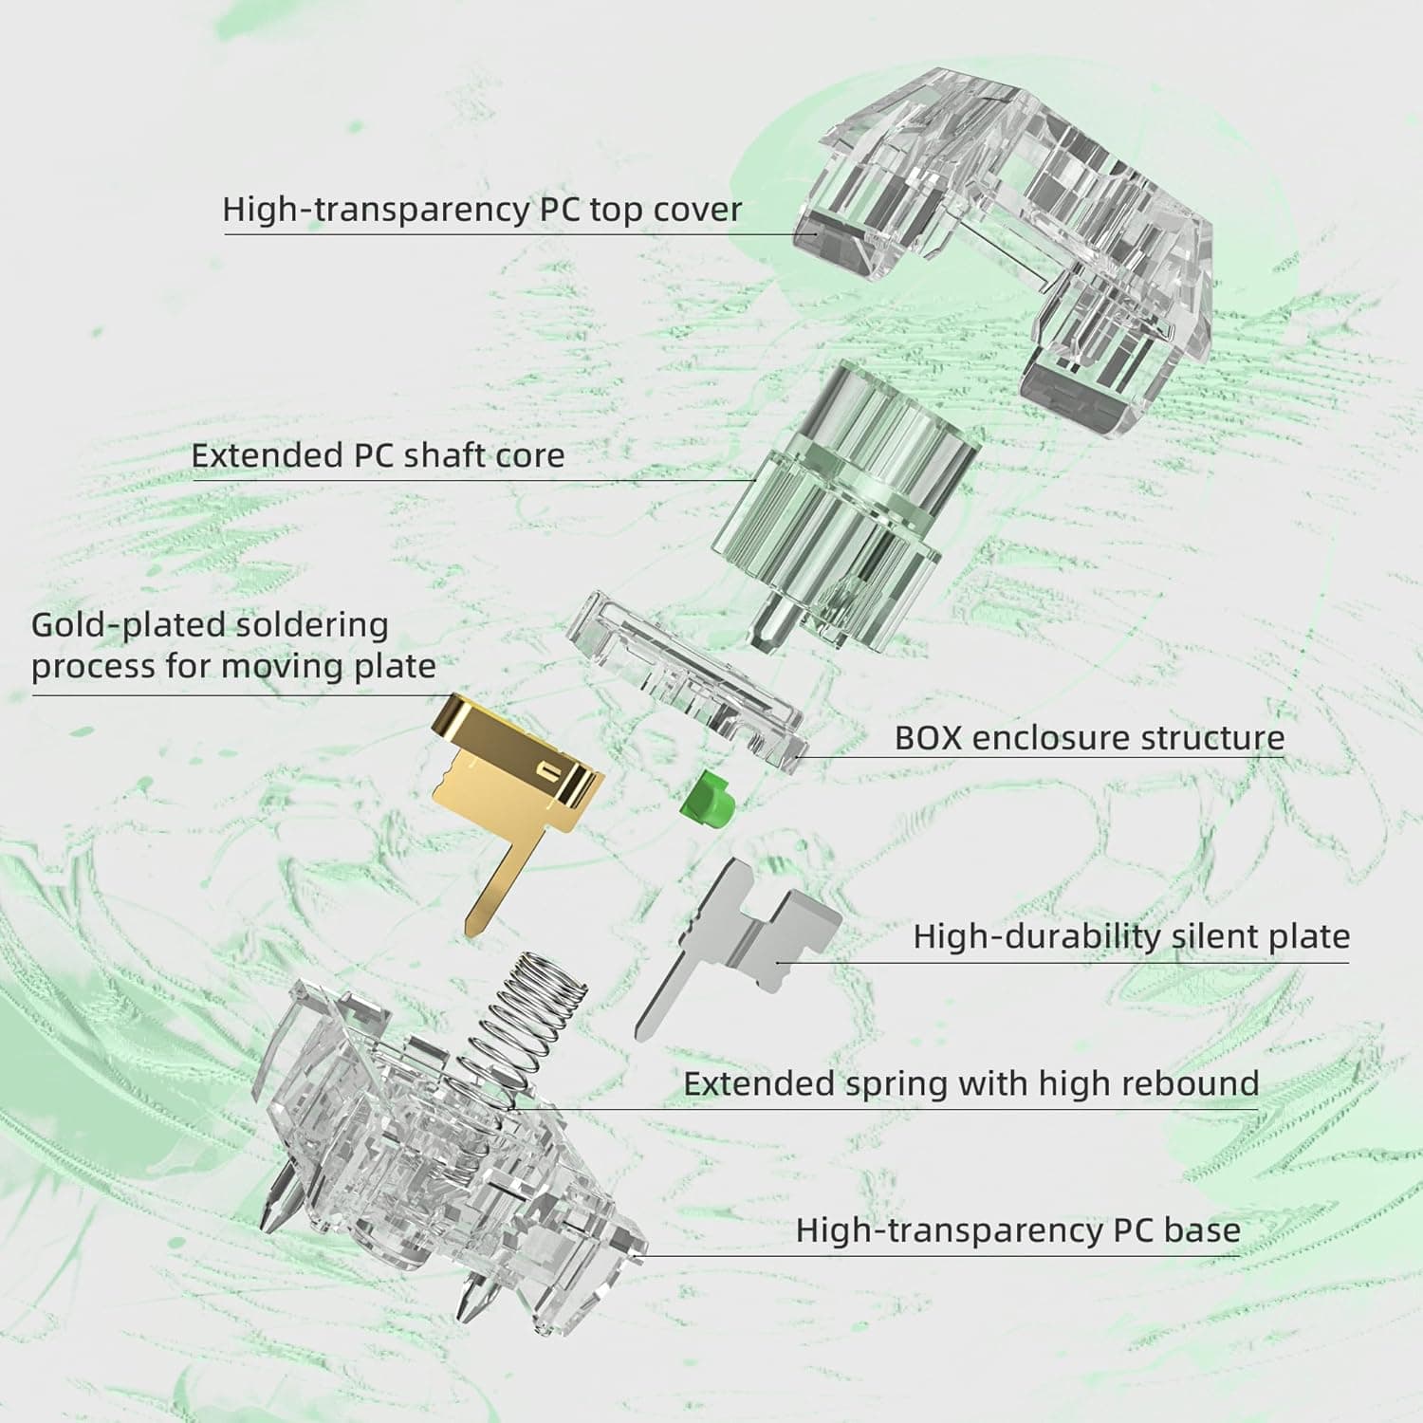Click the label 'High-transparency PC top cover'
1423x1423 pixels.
(x=482, y=210)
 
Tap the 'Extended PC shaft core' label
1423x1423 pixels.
(x=378, y=455)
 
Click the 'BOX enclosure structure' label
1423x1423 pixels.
(x=1089, y=738)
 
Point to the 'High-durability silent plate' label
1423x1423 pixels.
(x=1131, y=937)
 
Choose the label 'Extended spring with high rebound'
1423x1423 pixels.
(x=971, y=1083)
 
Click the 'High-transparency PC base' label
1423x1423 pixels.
(x=1018, y=1230)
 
